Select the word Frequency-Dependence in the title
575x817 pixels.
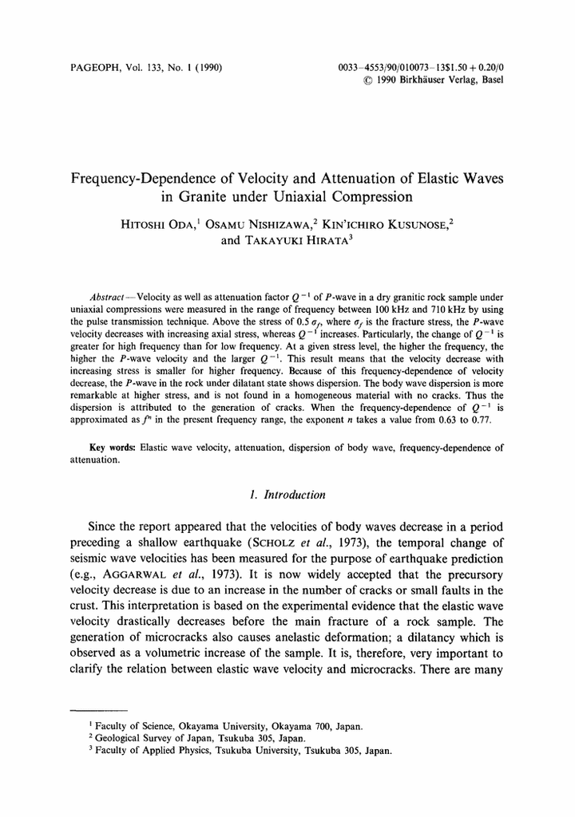[147, 178]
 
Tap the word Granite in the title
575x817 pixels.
[244, 196]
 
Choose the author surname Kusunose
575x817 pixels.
[406, 225]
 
